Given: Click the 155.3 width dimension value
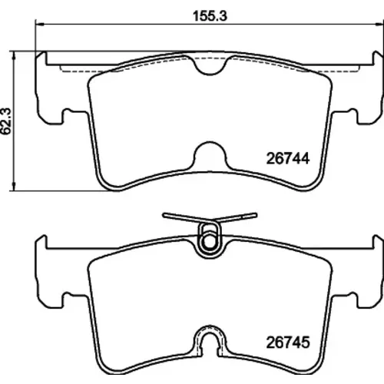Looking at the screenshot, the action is (x=210, y=16).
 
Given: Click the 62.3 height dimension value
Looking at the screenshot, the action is (x=6, y=121).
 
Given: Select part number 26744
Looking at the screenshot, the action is (x=288, y=158).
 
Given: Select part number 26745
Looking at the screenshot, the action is (x=288, y=343).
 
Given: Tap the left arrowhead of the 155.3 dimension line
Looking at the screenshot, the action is (x=40, y=25).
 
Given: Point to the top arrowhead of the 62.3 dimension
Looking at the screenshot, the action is (x=15, y=55).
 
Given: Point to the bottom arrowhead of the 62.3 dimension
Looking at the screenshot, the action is (x=15, y=186).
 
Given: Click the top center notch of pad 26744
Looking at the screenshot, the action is (x=210, y=67).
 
